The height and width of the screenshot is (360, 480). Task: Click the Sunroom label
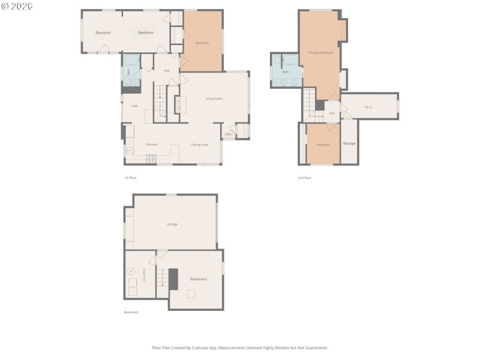click(x=103, y=32)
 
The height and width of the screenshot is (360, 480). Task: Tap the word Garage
click(x=172, y=224)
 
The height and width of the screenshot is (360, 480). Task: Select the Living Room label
click(x=214, y=98)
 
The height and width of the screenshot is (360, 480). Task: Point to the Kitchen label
click(x=152, y=145)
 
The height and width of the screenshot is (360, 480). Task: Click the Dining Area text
click(x=200, y=145)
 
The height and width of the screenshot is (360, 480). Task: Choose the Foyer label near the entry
click(x=229, y=134)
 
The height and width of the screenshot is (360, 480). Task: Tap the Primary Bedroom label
click(x=321, y=53)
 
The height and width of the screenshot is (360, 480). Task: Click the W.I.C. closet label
click(x=368, y=107)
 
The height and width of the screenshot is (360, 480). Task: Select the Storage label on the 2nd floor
click(x=349, y=143)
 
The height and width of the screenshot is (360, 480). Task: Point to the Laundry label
click(x=145, y=275)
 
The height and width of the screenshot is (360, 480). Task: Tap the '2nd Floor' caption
click(x=305, y=178)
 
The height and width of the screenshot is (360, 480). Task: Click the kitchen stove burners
click(x=151, y=159)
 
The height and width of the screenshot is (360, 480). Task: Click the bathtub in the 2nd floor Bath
click(x=290, y=60)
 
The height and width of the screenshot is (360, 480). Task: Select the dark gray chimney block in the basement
click(x=173, y=279)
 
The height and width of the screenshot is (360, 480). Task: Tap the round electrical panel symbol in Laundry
click(x=132, y=271)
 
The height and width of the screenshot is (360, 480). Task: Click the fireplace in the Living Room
click(x=177, y=105)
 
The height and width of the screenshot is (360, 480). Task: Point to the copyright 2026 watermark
click(x=17, y=6)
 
